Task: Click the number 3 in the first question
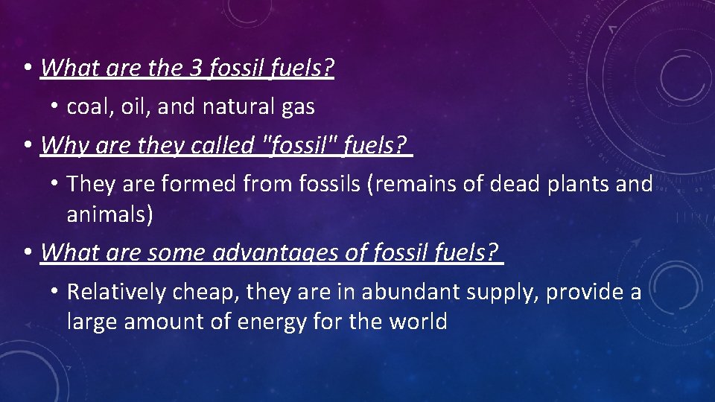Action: point(196,68)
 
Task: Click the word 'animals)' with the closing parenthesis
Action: point(110,214)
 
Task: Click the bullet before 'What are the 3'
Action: point(27,68)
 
